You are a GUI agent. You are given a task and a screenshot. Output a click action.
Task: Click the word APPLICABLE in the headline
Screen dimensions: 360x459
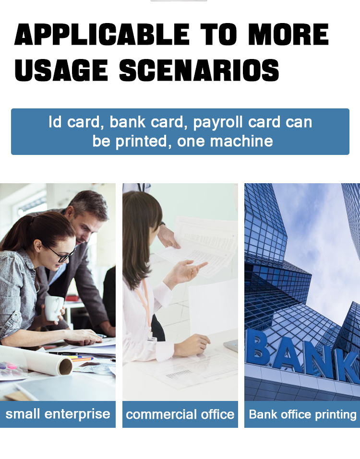102,34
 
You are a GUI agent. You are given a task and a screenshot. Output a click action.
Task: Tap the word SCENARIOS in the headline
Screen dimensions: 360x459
199,70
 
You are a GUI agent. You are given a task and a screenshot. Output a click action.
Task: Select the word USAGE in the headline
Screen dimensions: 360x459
61,70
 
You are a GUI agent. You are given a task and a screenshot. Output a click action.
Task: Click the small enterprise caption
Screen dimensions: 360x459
58,414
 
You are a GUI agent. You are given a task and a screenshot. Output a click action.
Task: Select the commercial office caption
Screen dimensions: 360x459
180,414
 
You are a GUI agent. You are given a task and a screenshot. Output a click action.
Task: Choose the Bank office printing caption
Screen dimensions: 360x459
302,414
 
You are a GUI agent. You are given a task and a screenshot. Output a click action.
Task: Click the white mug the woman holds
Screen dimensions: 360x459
54,308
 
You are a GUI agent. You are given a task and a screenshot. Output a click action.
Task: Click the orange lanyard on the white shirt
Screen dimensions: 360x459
145,305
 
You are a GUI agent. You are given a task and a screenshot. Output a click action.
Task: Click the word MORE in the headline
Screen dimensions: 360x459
288,34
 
